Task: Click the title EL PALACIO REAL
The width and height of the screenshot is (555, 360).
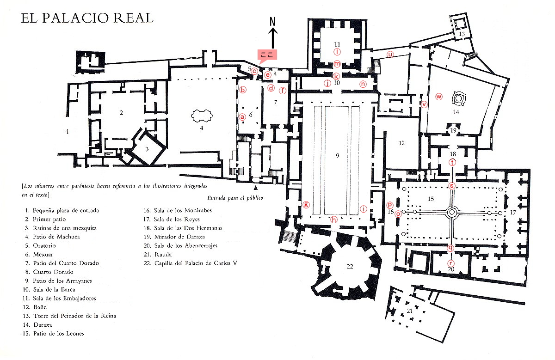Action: pyautogui.click(x=87, y=18)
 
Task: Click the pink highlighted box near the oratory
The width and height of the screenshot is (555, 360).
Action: pyautogui.click(x=266, y=55)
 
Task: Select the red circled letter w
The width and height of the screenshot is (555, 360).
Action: pyautogui.click(x=439, y=97)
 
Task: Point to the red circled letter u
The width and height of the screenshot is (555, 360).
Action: pyautogui.click(x=391, y=55)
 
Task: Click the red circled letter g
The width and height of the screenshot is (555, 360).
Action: pyautogui.click(x=305, y=204)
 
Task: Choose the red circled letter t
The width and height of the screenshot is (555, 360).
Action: pyautogui.click(x=452, y=162)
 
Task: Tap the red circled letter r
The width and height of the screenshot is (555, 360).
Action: pyautogui.click(x=451, y=263)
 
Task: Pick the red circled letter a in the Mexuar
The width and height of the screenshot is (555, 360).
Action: pyautogui.click(x=242, y=117)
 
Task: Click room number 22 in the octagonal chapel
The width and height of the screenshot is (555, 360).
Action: pyautogui.click(x=349, y=266)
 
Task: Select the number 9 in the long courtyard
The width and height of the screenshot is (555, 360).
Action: pyautogui.click(x=338, y=156)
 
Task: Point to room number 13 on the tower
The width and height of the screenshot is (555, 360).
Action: pyautogui.click(x=462, y=34)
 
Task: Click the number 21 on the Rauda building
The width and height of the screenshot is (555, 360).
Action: pyautogui.click(x=410, y=311)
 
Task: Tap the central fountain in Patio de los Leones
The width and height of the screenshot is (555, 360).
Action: pyautogui.click(x=451, y=212)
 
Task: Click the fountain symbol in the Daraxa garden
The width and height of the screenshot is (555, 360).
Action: pyautogui.click(x=459, y=98)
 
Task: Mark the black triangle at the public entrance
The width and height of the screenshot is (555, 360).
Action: pyautogui.click(x=255, y=188)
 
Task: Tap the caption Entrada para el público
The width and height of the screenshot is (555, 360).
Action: pyautogui.click(x=235, y=198)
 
